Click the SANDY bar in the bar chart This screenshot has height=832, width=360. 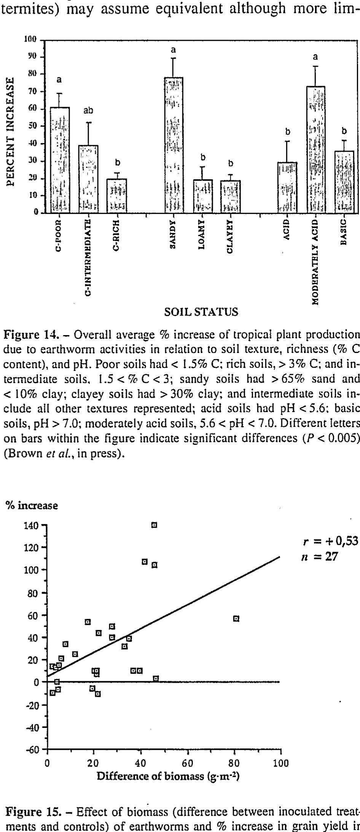[x=174, y=145]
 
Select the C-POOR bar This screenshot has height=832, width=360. [x=60, y=160]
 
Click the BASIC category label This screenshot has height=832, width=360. [x=344, y=232]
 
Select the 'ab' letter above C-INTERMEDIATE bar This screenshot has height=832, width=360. [x=88, y=110]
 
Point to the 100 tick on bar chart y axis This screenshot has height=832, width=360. [x=30, y=40]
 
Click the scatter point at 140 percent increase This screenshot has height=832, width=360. [x=154, y=525]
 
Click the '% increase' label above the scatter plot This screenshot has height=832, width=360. [x=31, y=506]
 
